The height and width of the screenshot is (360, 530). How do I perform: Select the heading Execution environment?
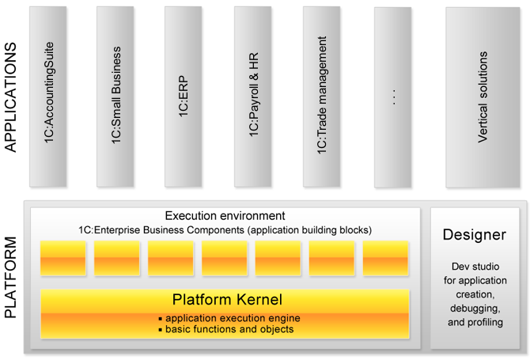coord(225,215)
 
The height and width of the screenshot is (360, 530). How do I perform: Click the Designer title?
coord(474,234)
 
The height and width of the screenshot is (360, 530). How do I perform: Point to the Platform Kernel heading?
coord(226,300)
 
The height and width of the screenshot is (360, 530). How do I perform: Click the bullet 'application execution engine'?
coord(228,318)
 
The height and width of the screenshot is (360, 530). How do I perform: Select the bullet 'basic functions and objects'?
coord(226,329)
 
